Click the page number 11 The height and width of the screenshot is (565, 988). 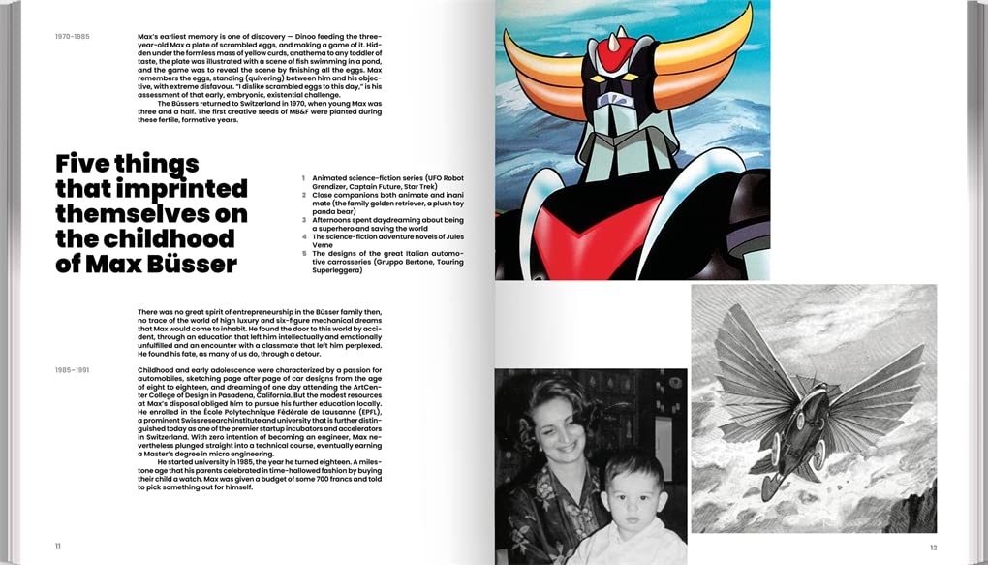(58, 546)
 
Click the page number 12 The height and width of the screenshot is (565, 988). (933, 548)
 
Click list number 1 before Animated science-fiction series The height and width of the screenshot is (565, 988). (303, 178)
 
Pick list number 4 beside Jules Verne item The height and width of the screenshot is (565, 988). (303, 236)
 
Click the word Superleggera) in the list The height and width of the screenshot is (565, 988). (337, 270)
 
